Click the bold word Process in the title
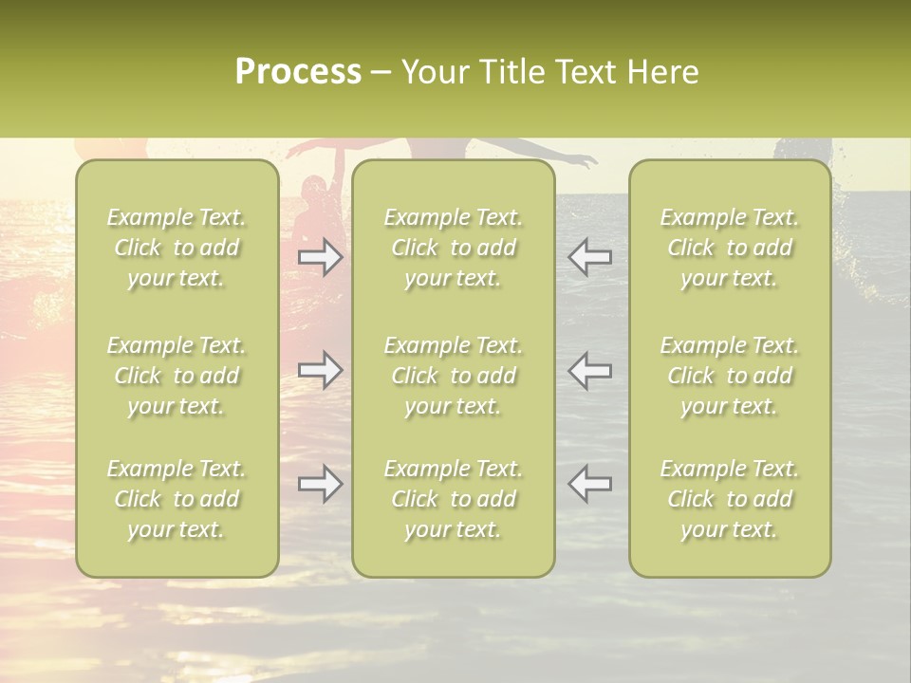pos(298,72)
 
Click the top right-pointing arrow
pos(321,257)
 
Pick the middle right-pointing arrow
pos(321,370)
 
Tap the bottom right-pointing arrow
pos(321,484)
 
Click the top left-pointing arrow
pos(589,257)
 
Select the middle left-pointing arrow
pos(589,370)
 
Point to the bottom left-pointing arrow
pos(589,484)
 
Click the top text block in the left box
pos(177,248)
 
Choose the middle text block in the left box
pos(177,376)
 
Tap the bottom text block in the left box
pos(177,499)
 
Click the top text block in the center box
pos(453,248)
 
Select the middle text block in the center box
pos(453,376)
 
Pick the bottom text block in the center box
pos(453,499)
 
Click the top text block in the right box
pos(730,248)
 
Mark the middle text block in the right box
pos(730,376)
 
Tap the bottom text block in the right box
pos(730,499)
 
